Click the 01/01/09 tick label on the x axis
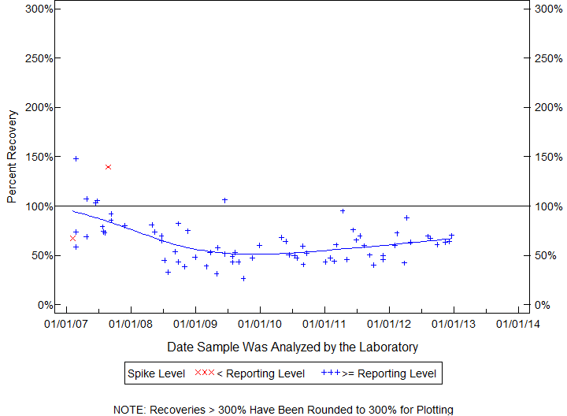(195, 323)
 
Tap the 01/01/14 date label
(518, 323)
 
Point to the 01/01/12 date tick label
(389, 323)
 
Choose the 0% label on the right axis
(542, 305)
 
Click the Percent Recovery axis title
(12, 157)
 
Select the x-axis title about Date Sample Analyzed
(292, 347)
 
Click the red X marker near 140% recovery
(108, 167)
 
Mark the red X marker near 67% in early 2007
(72, 238)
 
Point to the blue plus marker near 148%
(76, 158)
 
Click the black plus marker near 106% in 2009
(224, 200)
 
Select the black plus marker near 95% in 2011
(343, 210)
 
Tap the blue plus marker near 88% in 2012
(406, 217)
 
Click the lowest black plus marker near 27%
(243, 278)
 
